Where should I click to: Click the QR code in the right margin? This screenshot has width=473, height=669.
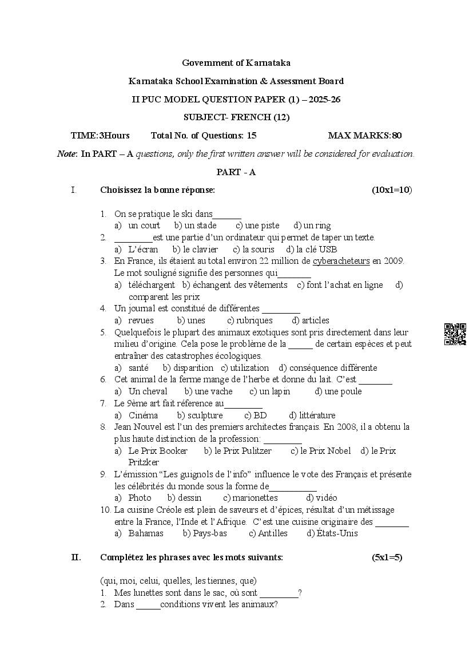(x=455, y=334)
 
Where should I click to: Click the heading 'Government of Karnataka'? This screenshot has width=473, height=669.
(x=236, y=62)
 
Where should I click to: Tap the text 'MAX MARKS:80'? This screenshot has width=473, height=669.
(x=365, y=136)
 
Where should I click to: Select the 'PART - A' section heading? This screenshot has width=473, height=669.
(x=236, y=172)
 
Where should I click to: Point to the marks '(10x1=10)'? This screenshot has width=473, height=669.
(x=392, y=190)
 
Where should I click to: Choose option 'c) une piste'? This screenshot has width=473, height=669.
(x=257, y=225)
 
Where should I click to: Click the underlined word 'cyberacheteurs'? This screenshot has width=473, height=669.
(x=341, y=261)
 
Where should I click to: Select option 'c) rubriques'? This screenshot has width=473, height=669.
(x=250, y=320)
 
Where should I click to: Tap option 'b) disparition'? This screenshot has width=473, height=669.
(x=188, y=368)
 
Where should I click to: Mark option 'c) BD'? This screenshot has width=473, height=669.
(x=256, y=415)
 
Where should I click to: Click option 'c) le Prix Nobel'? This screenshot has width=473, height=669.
(x=321, y=451)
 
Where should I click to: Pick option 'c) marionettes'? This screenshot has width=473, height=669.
(x=251, y=498)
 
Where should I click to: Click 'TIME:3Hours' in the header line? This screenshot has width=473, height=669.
(x=100, y=136)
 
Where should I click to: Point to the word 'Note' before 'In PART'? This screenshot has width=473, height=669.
(x=66, y=153)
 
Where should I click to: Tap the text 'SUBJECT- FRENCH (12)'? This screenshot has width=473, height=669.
(x=236, y=117)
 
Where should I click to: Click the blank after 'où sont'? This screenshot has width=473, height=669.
(x=279, y=593)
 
